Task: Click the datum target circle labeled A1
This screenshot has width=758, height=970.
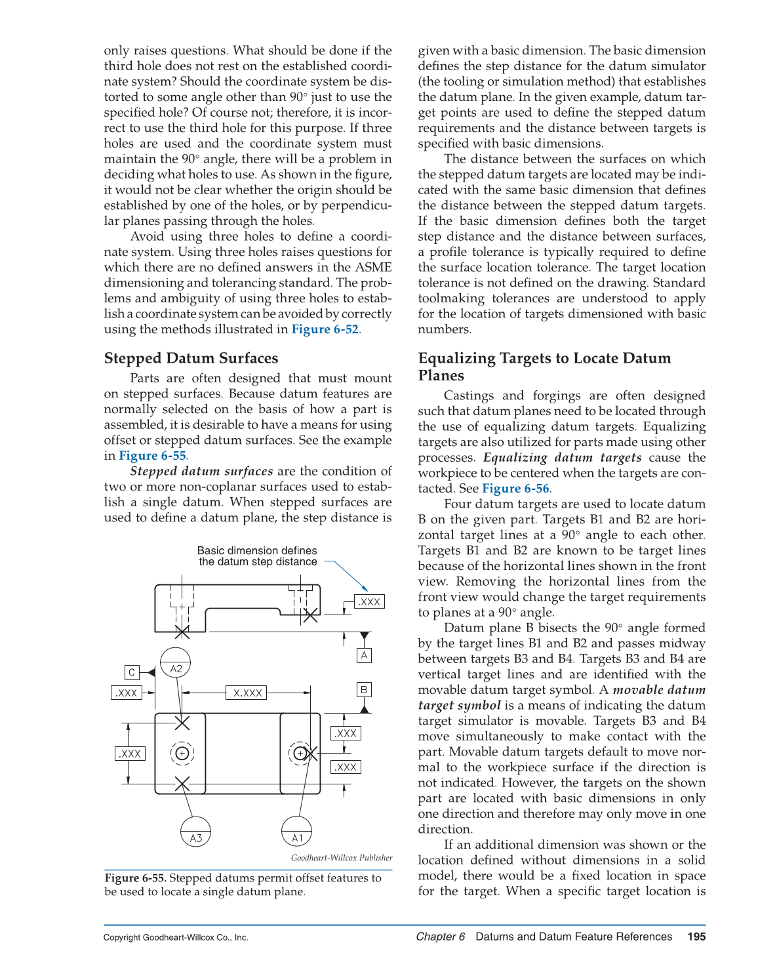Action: (x=296, y=831)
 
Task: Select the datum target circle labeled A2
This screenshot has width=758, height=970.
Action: (x=176, y=663)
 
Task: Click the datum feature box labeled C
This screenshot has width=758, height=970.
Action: (x=132, y=672)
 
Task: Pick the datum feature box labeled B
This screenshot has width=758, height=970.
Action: (x=365, y=689)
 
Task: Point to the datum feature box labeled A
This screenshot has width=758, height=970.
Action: (x=365, y=655)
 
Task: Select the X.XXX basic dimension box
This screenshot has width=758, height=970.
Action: (x=247, y=693)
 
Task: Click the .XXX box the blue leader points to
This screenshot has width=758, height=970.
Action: (x=369, y=601)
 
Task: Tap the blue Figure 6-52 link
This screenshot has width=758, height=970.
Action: (x=325, y=329)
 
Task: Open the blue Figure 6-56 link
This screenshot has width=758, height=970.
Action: (x=515, y=489)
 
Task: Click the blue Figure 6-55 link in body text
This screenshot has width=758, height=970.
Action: (x=152, y=456)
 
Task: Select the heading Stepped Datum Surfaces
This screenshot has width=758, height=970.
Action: (x=191, y=358)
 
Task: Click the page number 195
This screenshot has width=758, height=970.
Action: (x=696, y=937)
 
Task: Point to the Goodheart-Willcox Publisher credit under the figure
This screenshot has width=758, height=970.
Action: (x=342, y=858)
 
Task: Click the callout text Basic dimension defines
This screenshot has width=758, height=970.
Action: (x=256, y=551)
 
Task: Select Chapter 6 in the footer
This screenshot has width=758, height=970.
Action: (x=440, y=937)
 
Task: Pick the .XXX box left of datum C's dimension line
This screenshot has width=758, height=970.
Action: (x=127, y=693)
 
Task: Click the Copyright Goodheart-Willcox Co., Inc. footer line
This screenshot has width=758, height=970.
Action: (x=176, y=937)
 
